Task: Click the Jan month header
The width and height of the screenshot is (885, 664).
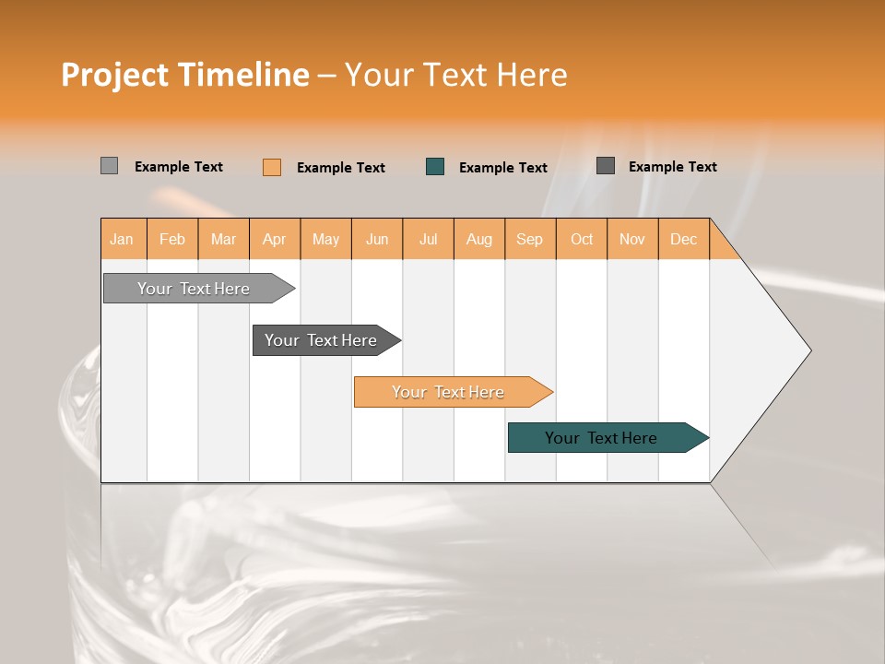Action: (123, 239)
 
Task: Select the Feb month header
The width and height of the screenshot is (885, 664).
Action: (172, 239)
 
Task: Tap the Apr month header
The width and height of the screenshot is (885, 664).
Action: (275, 239)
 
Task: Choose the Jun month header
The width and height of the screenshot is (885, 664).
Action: (377, 239)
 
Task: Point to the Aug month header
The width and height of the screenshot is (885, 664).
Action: (479, 239)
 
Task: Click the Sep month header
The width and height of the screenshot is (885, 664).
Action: (530, 239)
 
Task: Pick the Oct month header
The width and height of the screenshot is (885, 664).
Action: (582, 239)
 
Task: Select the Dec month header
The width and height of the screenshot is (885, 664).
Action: (684, 239)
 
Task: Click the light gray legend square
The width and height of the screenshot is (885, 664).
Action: (109, 166)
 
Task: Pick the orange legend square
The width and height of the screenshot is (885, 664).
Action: (272, 167)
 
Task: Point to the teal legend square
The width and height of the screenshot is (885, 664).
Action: (435, 166)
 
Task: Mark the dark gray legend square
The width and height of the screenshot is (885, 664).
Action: (606, 166)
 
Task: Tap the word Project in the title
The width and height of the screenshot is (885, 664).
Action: (115, 75)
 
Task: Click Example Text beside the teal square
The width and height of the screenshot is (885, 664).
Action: (503, 167)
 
